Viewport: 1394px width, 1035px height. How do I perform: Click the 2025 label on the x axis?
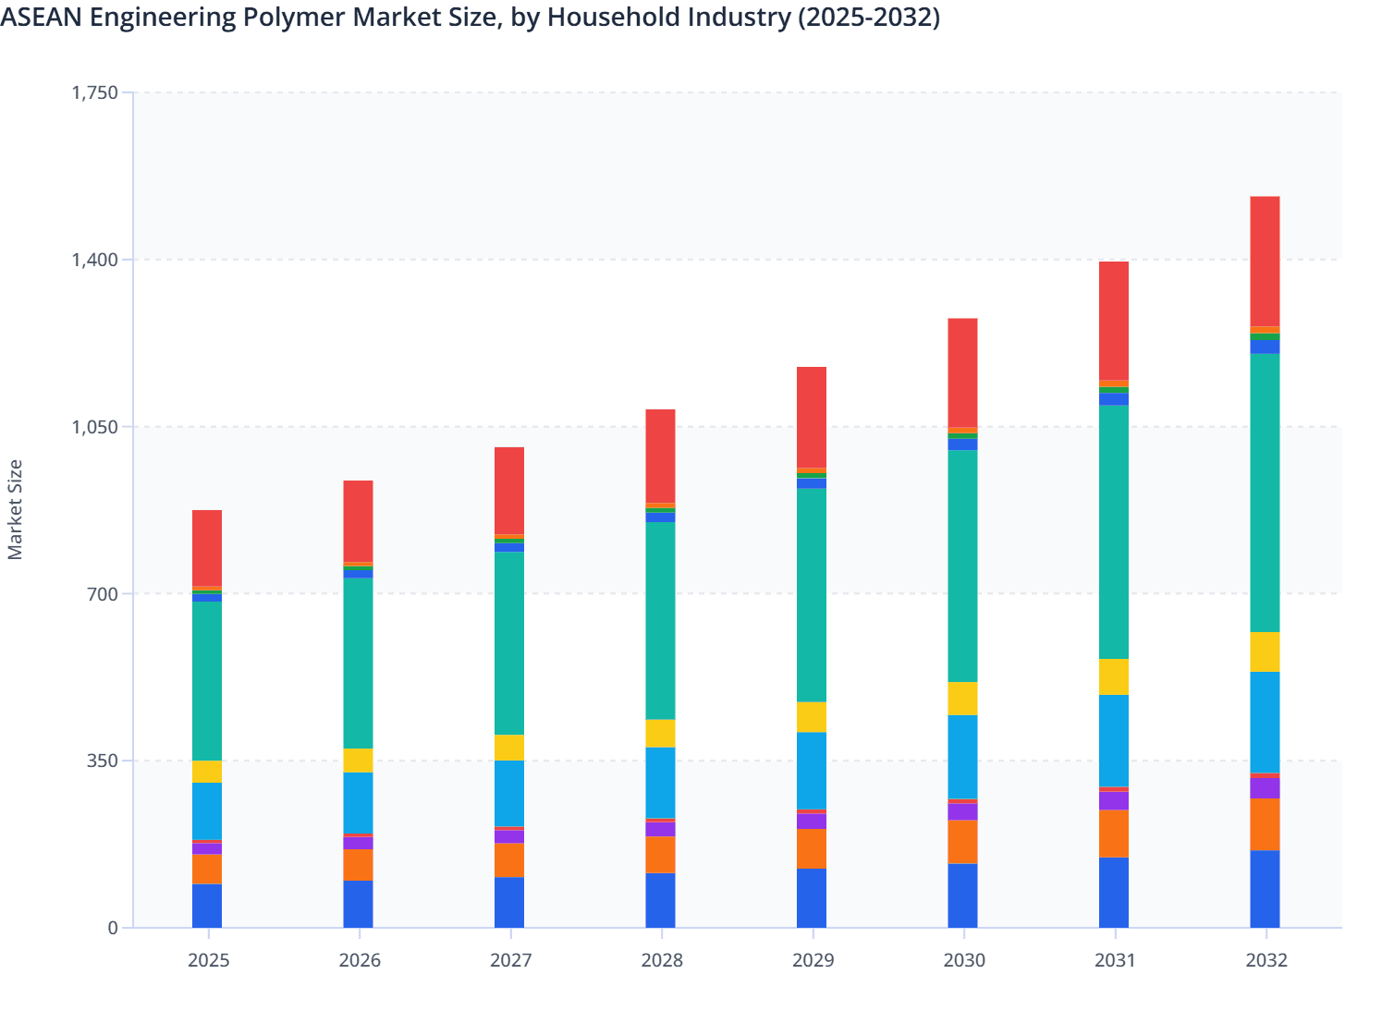click(208, 960)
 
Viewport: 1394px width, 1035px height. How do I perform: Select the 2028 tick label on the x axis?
click(662, 960)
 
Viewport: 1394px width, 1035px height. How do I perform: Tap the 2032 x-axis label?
click(1266, 960)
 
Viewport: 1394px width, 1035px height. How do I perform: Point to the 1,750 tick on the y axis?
click(95, 92)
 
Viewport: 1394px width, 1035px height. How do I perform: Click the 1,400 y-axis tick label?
click(95, 260)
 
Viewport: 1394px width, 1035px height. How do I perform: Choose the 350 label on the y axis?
click(103, 761)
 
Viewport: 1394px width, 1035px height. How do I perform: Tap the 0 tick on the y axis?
click(113, 928)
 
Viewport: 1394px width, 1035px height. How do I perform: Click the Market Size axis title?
click(16, 509)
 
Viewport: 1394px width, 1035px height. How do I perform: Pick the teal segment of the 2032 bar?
click(1265, 493)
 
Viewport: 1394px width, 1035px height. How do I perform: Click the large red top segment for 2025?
click(207, 548)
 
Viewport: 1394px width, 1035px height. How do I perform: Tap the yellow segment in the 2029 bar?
click(812, 717)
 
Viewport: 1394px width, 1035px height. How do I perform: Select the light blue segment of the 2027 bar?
click(509, 793)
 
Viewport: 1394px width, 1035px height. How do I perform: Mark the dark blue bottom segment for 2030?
click(962, 895)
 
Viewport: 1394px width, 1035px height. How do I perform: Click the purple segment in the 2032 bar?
click(1265, 787)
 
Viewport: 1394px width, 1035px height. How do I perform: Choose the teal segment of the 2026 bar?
click(359, 663)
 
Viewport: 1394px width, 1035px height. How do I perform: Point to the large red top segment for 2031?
click(1114, 321)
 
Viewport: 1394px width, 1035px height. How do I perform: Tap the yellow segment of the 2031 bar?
click(1114, 676)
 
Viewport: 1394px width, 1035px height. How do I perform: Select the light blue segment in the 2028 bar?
click(660, 783)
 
